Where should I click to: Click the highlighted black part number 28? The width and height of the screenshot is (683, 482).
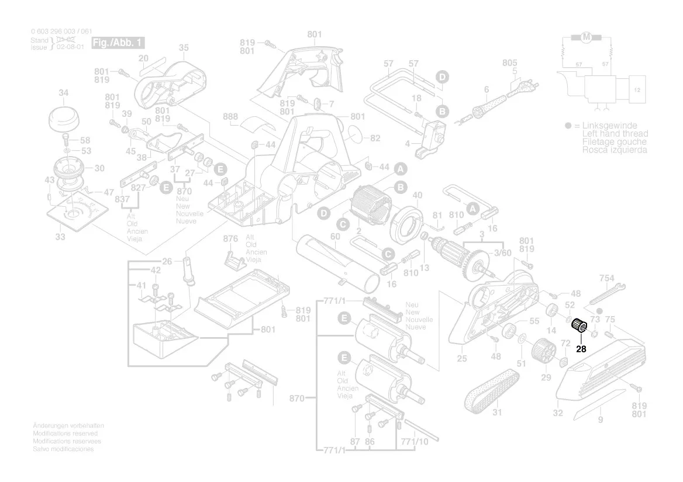[581, 349]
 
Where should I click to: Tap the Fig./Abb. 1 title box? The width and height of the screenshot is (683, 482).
[118, 43]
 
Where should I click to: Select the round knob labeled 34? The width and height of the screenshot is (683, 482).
[64, 119]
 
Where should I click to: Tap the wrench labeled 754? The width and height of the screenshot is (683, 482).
[607, 294]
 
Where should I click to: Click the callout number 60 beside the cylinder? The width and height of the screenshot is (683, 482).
[335, 237]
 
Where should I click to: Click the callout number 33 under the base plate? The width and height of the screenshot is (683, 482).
[60, 237]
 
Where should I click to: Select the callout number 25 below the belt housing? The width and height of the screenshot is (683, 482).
[462, 359]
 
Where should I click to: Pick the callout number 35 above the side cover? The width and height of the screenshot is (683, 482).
[184, 47]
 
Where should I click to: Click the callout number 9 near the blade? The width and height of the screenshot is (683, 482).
[600, 419]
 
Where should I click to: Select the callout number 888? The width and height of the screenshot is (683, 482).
[230, 117]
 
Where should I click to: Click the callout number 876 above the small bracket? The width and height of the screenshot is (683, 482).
[231, 238]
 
